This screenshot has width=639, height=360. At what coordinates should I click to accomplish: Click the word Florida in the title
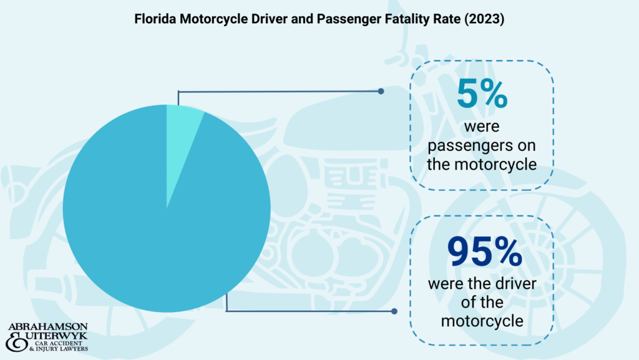point(152,19)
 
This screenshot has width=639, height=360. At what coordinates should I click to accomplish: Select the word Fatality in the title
point(407,19)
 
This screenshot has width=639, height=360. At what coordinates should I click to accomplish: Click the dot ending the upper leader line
point(381,91)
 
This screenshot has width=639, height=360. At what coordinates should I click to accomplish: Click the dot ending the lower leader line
point(394,311)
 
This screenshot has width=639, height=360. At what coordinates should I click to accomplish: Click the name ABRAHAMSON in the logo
point(48,328)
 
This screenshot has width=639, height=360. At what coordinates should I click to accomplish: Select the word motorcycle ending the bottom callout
point(481,321)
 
